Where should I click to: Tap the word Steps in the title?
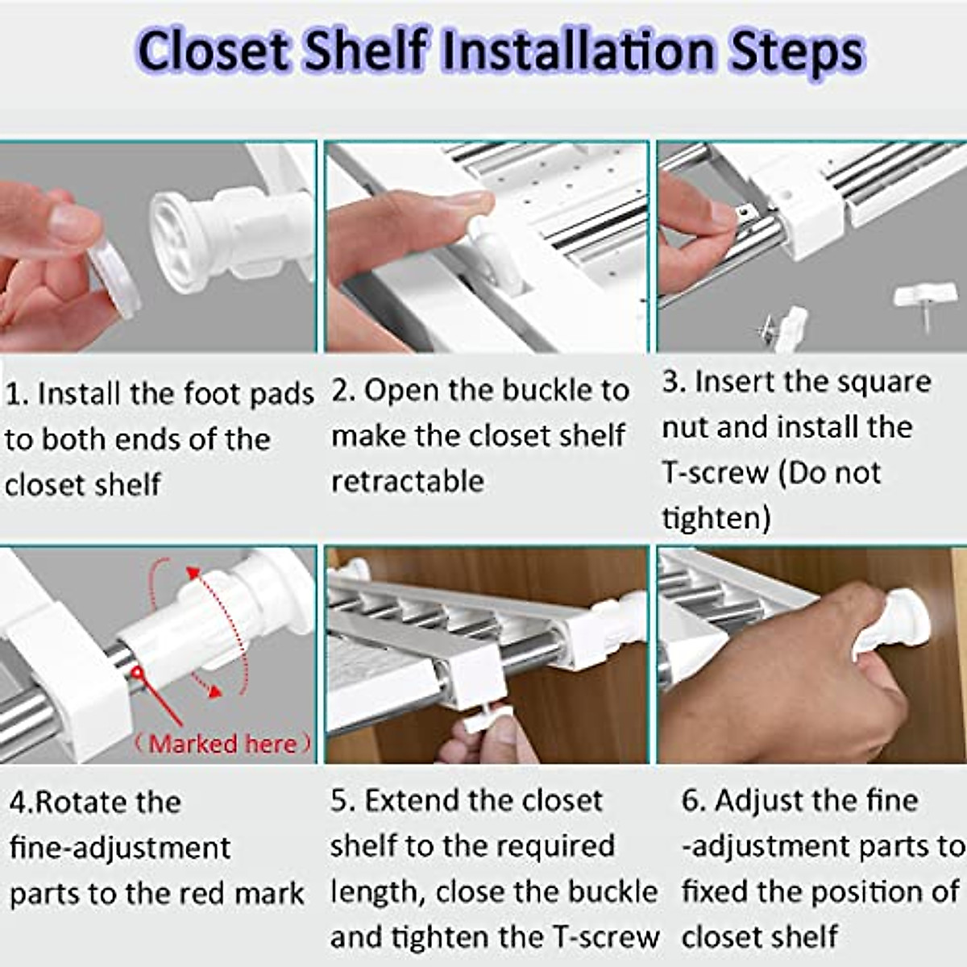(797, 53)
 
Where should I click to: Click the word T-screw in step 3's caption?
(715, 472)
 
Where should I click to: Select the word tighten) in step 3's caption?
(716, 517)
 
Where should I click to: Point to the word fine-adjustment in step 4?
(120, 849)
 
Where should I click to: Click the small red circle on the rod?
(136, 671)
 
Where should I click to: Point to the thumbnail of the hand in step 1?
(74, 221)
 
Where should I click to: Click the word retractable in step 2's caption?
(408, 481)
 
